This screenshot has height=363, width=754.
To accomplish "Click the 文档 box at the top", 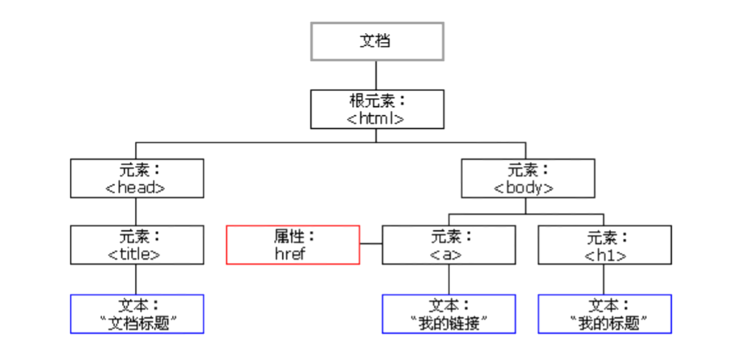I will [377, 41].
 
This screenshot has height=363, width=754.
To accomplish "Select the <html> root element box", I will [377, 109].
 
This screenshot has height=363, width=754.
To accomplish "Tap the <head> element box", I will [137, 178].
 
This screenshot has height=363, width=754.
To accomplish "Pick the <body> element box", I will [527, 178].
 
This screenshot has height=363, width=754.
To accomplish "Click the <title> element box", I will [137, 245].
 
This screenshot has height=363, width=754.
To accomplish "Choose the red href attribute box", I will [293, 245].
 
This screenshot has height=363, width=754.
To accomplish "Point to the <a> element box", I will [449, 245].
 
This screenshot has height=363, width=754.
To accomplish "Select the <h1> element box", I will [604, 245].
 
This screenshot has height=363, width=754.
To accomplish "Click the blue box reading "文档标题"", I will [137, 314].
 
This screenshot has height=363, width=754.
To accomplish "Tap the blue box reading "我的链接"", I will [449, 314].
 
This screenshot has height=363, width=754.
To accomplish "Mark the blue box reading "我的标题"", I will [604, 314].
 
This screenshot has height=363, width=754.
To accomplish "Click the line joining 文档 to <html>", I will [377, 75].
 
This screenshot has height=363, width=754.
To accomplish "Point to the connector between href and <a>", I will [371, 244].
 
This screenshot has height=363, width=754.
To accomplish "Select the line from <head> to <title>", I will [137, 212].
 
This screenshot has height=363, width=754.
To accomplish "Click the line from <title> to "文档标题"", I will [137, 279].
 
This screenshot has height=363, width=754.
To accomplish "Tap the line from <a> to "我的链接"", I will [449, 279].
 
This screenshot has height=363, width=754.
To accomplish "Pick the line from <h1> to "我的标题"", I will [604, 279].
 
